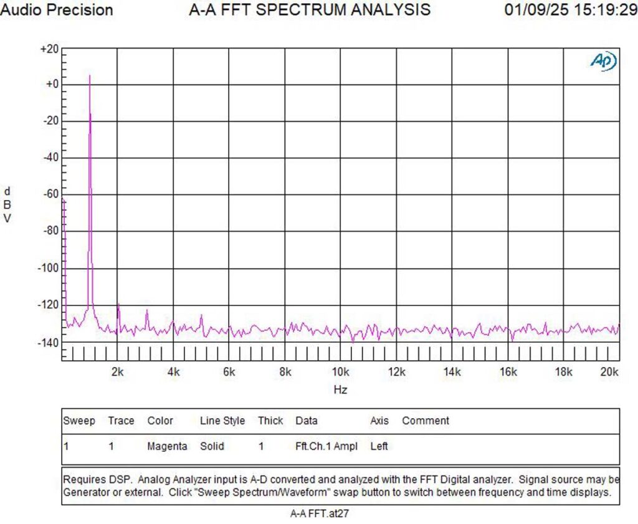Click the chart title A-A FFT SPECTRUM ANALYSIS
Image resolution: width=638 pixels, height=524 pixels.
(x=309, y=10)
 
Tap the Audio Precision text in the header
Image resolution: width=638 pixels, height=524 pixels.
(x=57, y=10)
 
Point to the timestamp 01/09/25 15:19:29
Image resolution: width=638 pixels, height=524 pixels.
(x=569, y=10)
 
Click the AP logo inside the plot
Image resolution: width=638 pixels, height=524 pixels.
(x=603, y=60)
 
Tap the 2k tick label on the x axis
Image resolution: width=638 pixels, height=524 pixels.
(x=117, y=372)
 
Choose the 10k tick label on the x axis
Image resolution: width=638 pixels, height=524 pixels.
(x=340, y=372)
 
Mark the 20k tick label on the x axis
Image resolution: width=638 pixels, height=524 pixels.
(x=609, y=372)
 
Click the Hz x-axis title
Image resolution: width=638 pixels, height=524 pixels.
(x=340, y=390)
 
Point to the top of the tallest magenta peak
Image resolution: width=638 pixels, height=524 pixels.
(x=90, y=76)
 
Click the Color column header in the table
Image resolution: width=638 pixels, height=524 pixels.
(x=160, y=421)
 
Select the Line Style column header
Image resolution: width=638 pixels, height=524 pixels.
(x=222, y=421)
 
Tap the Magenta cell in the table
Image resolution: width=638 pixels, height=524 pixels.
(x=167, y=446)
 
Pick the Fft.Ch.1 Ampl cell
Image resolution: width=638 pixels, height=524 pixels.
(x=325, y=446)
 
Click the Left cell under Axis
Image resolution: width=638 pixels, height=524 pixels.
(x=379, y=446)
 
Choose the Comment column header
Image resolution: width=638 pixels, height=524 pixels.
(x=426, y=421)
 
